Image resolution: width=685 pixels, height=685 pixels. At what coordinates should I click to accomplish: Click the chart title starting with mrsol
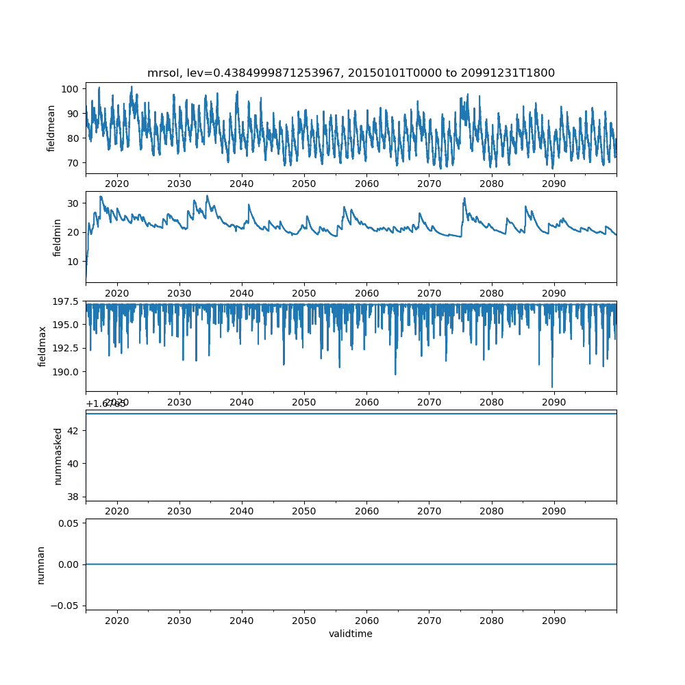[x=351, y=73]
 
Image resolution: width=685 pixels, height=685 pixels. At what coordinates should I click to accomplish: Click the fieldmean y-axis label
[x=51, y=128]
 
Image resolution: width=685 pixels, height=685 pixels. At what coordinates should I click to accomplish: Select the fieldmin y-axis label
[x=58, y=237]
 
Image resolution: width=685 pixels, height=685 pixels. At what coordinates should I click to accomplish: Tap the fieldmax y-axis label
[x=42, y=346]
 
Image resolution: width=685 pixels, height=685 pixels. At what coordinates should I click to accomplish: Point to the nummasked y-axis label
[x=58, y=456]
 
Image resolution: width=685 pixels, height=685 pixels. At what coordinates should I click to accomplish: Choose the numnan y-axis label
[x=41, y=564]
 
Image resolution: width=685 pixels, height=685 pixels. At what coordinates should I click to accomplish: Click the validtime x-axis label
[x=351, y=634]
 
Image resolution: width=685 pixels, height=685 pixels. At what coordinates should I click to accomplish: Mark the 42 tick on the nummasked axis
[x=74, y=430]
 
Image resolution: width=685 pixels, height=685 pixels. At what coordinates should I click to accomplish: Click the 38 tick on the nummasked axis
[x=74, y=496]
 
